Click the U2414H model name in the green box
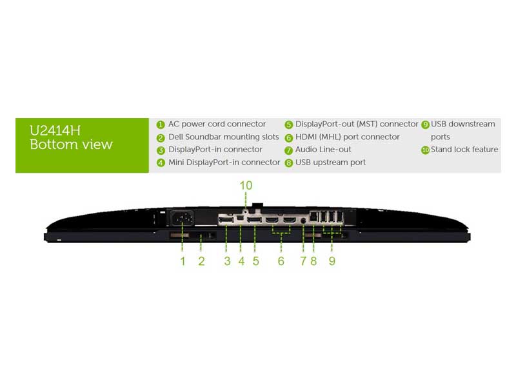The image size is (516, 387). pyautogui.click(x=55, y=131)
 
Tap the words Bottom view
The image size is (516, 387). pyautogui.click(x=71, y=144)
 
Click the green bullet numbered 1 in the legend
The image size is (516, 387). pyautogui.click(x=161, y=124)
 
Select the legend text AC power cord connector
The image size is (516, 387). pyautogui.click(x=217, y=124)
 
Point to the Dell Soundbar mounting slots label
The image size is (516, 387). pyautogui.click(x=223, y=137)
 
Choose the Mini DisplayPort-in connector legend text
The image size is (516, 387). pyautogui.click(x=224, y=163)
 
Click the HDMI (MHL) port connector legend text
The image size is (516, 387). pyautogui.click(x=347, y=137)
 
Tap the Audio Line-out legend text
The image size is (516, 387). pyautogui.click(x=323, y=150)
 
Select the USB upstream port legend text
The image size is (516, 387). pyautogui.click(x=330, y=163)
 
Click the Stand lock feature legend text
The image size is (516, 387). pyautogui.click(x=464, y=150)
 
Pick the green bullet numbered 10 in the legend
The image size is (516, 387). pyautogui.click(x=426, y=150)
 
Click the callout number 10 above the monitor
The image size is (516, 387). pyautogui.click(x=246, y=186)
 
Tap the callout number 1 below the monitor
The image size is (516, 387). pyautogui.click(x=183, y=261)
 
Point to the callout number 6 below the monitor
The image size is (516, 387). pyautogui.click(x=281, y=261)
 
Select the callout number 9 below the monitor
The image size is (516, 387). pyautogui.click(x=332, y=261)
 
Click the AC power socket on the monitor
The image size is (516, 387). pyautogui.click(x=182, y=218)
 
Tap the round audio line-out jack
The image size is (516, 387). pyautogui.click(x=303, y=221)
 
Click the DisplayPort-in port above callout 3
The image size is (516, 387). pyautogui.click(x=226, y=220)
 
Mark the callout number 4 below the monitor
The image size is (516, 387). pyautogui.click(x=241, y=261)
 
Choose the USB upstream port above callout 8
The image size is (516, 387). pyautogui.click(x=314, y=217)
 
